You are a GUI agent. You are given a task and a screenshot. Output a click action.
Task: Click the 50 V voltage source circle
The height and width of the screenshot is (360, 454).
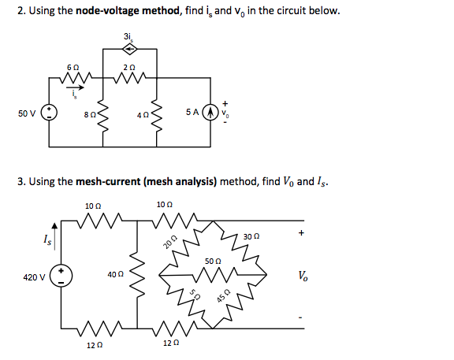coord(48,113)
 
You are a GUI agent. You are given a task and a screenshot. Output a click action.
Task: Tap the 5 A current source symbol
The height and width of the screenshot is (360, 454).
coord(210,113)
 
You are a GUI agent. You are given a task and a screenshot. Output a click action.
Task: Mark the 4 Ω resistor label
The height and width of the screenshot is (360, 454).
coord(142,114)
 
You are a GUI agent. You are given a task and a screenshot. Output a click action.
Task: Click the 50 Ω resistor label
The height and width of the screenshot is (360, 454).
coord(212,259)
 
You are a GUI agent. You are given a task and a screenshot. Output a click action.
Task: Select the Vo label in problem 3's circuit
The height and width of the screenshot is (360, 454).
coord(303,276)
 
